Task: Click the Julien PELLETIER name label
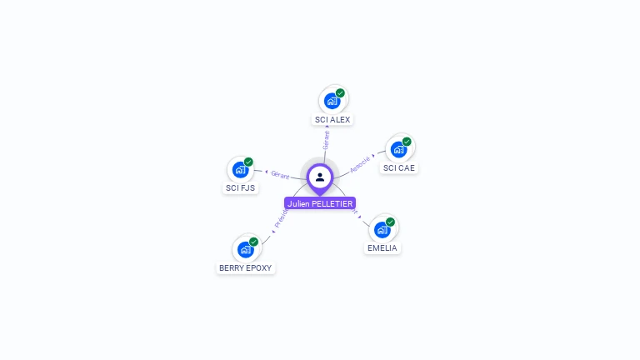pyautogui.click(x=320, y=203)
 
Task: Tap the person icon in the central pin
pyautogui.click(x=320, y=177)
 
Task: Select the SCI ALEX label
pyautogui.click(x=332, y=120)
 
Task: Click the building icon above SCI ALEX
pyautogui.click(x=332, y=101)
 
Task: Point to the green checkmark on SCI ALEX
pyautogui.click(x=340, y=93)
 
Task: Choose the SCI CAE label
pyautogui.click(x=398, y=168)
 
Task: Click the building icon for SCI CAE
pyautogui.click(x=398, y=149)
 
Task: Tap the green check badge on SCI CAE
pyautogui.click(x=407, y=142)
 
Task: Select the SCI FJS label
pyautogui.click(x=241, y=188)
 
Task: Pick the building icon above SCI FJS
pyautogui.click(x=240, y=169)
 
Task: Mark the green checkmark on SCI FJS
pyautogui.click(x=248, y=162)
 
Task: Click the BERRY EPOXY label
pyautogui.click(x=245, y=268)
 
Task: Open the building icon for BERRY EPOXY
pyautogui.click(x=245, y=249)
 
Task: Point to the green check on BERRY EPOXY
pyautogui.click(x=253, y=242)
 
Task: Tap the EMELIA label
pyautogui.click(x=382, y=248)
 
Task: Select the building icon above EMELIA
pyautogui.click(x=382, y=229)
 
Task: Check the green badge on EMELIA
pyautogui.click(x=390, y=222)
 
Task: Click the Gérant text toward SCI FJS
pyautogui.click(x=280, y=174)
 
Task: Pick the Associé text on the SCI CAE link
pyautogui.click(x=360, y=162)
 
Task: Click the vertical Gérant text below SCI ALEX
pyautogui.click(x=326, y=140)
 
